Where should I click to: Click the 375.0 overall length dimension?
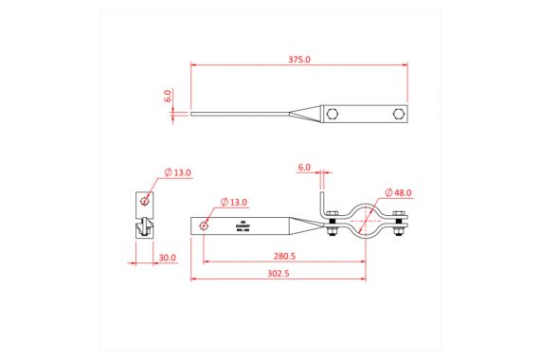pyautogui.click(x=298, y=59)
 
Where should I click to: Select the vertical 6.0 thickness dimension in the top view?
pyautogui.click(x=168, y=96)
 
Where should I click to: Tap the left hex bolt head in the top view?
pyautogui.click(x=333, y=114)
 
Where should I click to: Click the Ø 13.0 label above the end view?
pyautogui.click(x=177, y=172)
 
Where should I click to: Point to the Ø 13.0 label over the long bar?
pyautogui.click(x=233, y=202)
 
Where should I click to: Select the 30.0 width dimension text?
pyautogui.click(x=168, y=258)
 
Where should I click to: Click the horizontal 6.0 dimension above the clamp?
pyautogui.click(x=304, y=167)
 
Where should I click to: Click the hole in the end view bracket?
pyautogui.click(x=144, y=200)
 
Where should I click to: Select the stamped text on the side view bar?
pyautogui.click(x=242, y=226)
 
